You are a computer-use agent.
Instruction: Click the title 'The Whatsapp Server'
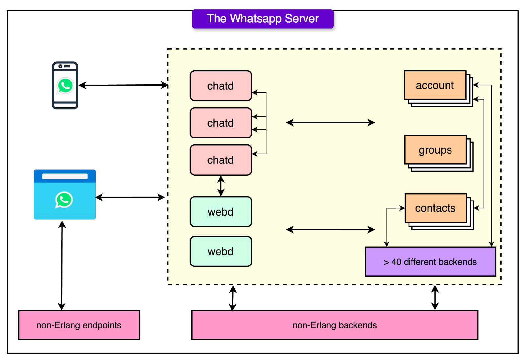pos(262,19)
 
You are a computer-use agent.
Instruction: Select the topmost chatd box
pos(220,86)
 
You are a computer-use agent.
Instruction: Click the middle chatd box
pos(220,123)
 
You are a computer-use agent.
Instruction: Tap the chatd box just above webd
pos(220,160)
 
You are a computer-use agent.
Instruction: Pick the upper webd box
pos(220,212)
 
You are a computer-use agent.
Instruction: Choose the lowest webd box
pos(220,251)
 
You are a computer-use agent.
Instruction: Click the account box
pos(435,85)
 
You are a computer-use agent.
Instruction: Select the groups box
pos(435,150)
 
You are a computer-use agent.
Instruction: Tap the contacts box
pos(435,208)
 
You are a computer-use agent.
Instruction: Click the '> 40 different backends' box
pos(430,262)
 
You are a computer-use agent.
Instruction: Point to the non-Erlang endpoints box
pos(79,325)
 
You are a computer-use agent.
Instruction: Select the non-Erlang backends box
pos(334,325)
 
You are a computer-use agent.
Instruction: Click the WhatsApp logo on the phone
pos(65,86)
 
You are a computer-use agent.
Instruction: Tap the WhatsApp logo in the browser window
pos(64,200)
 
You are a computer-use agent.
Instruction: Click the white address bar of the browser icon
pos(65,176)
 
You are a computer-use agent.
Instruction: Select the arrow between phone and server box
pos(123,85)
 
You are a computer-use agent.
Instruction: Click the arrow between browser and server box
pos(130,197)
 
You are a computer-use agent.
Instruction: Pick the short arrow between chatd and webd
pos(221,186)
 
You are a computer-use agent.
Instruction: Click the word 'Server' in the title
pos(302,19)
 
